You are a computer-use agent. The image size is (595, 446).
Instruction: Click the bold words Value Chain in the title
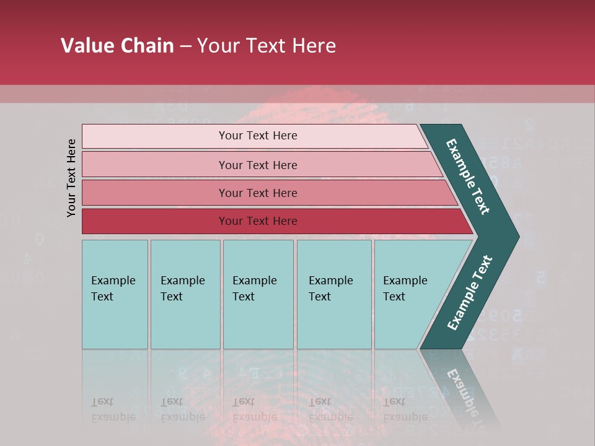(x=117, y=46)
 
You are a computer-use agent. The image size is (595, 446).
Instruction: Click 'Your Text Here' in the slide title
(x=267, y=46)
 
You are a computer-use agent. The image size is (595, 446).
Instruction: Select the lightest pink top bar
(x=155, y=136)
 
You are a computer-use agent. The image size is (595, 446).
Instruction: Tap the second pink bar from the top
(x=155, y=165)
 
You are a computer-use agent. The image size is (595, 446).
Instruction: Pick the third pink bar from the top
(x=155, y=193)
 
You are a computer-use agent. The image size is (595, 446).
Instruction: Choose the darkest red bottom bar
(x=155, y=221)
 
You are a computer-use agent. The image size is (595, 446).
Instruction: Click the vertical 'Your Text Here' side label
(x=71, y=178)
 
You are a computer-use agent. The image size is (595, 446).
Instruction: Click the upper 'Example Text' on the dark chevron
(x=468, y=177)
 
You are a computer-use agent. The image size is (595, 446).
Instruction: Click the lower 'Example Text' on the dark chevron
(x=469, y=293)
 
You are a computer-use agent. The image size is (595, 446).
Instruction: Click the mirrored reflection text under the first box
(x=113, y=409)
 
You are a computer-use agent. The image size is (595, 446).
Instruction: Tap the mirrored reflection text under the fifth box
(x=405, y=409)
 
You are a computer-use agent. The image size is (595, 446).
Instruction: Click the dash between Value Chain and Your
(x=185, y=46)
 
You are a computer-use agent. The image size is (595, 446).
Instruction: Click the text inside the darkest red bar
(x=258, y=221)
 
